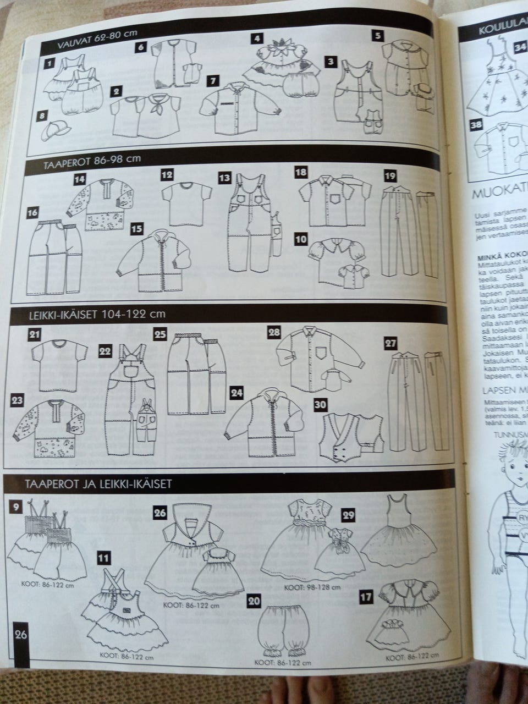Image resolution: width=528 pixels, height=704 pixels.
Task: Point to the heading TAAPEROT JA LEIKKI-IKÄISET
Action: (99, 485)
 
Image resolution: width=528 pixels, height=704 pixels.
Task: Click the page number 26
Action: (21, 634)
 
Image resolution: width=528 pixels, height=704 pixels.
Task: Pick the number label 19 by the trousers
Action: (390, 175)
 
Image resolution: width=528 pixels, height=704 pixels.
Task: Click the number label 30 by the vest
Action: (320, 403)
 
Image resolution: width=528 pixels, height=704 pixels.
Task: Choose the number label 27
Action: (391, 343)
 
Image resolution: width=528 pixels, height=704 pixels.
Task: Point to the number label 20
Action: (254, 601)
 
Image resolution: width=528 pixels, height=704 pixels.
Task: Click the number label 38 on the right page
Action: (475, 125)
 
